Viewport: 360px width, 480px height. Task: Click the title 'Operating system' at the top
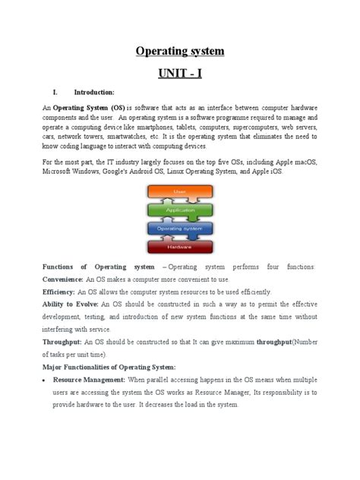[180, 52]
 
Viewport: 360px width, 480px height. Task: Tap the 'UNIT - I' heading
[180, 74]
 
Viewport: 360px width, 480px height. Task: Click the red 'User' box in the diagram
[179, 192]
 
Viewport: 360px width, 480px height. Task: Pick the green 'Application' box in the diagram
[179, 209]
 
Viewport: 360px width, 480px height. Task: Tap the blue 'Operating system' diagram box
[179, 227]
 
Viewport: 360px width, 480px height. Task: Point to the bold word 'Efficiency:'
[59, 292]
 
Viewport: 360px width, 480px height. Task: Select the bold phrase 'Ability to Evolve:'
[70, 304]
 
